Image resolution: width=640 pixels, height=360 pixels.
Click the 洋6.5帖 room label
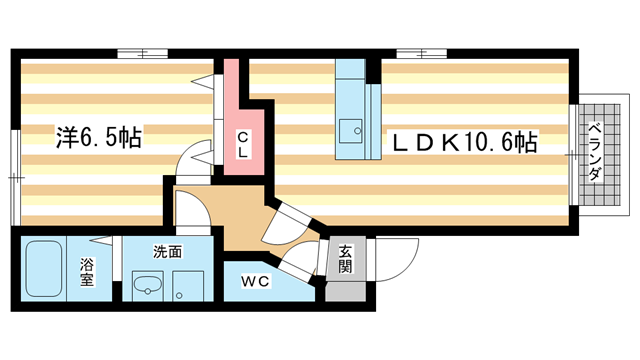coord(97,138)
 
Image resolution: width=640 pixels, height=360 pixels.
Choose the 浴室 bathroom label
coord(88,272)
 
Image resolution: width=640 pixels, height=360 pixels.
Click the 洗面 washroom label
coord(167,252)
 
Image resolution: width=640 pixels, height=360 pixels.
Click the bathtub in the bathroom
coord(44,269)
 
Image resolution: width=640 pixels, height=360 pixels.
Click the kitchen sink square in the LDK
coord(350,130)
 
